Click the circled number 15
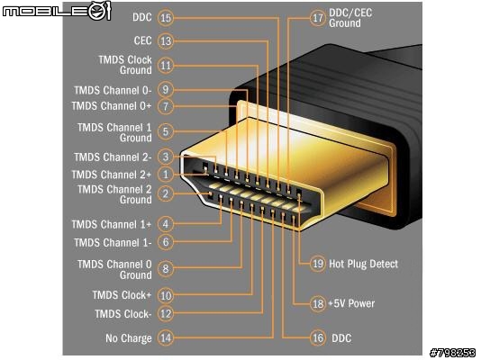[x=166, y=18]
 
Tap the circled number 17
[x=317, y=18]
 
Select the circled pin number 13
[x=166, y=41]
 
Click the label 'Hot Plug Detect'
[x=363, y=264]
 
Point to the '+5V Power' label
[x=351, y=303]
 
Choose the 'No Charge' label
[x=129, y=338]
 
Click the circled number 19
[x=317, y=264]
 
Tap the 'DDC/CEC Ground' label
[x=350, y=18]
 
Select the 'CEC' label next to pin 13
[x=142, y=40]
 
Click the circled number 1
[x=166, y=175]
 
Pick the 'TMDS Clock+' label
[x=122, y=295]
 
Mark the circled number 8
[x=166, y=269]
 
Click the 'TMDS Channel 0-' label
[x=113, y=90]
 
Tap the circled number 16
[x=317, y=337]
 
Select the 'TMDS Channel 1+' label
[x=112, y=224]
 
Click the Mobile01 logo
[x=57, y=11]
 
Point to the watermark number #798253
[x=452, y=353]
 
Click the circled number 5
[x=166, y=131]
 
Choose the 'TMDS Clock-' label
[x=123, y=314]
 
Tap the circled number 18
[x=317, y=303]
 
